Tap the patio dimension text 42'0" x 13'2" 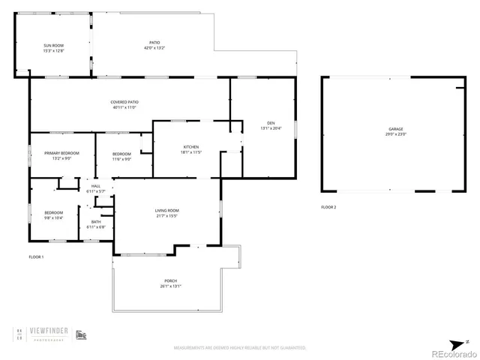(154, 48)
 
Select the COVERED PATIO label (124, 102)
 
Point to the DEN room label (271, 123)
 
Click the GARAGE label (396, 129)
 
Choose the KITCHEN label (191, 146)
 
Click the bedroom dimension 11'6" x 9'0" (121, 158)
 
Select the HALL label (96, 186)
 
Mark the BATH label (96, 221)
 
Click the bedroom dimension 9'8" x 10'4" (53, 217)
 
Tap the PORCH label (171, 280)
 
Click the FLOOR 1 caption (36, 257)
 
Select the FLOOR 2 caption (328, 206)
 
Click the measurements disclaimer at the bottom (240, 347)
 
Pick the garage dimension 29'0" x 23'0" (396, 134)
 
